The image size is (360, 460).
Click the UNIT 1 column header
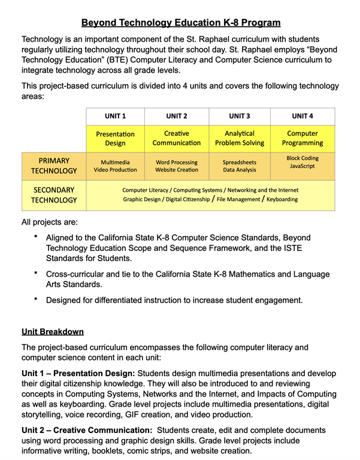pyautogui.click(x=115, y=116)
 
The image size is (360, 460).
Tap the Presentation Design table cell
pyautogui.click(x=115, y=138)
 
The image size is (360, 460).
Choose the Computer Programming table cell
pyautogui.click(x=302, y=138)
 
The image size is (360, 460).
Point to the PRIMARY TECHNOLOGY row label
pyautogui.click(x=54, y=166)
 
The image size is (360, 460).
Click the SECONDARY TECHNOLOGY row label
pyautogui.click(x=54, y=195)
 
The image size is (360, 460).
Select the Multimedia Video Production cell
pyautogui.click(x=115, y=166)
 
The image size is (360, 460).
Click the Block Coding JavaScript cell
pyautogui.click(x=302, y=162)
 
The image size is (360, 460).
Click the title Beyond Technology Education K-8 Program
pyautogui.click(x=180, y=23)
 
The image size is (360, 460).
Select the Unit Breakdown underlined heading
pyautogui.click(x=53, y=331)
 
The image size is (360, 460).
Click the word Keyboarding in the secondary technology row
pyautogui.click(x=282, y=199)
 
